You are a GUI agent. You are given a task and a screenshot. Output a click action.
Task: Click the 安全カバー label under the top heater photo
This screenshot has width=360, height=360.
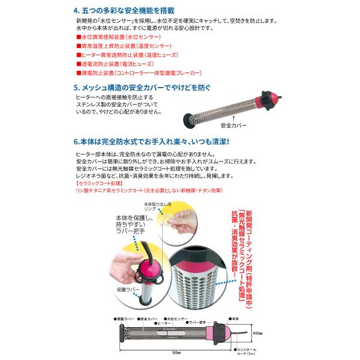(x=233, y=127)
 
